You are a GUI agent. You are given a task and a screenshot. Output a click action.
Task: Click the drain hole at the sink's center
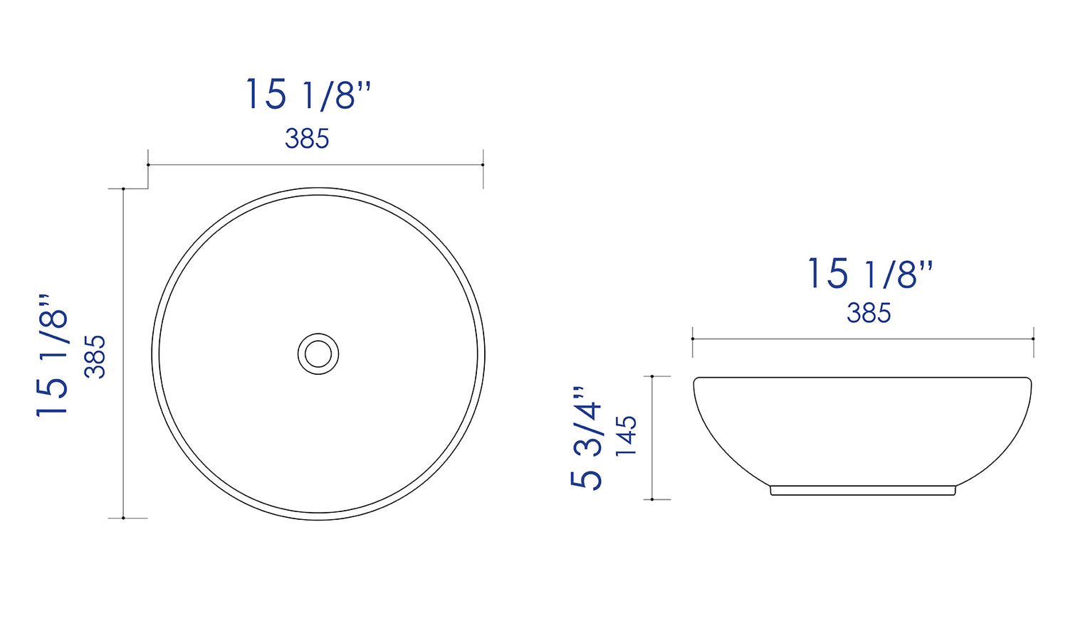pyautogui.click(x=318, y=353)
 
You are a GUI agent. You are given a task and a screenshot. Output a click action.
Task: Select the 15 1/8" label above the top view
pyautogui.click(x=308, y=95)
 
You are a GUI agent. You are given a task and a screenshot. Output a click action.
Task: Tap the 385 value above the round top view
pyautogui.click(x=307, y=139)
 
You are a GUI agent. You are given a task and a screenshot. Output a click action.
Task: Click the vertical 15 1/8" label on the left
pyautogui.click(x=53, y=354)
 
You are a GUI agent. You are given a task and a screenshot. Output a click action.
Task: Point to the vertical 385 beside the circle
pyautogui.click(x=95, y=356)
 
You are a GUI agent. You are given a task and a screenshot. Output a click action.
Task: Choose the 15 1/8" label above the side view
pyautogui.click(x=869, y=274)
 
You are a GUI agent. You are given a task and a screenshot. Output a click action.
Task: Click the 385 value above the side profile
pyautogui.click(x=869, y=313)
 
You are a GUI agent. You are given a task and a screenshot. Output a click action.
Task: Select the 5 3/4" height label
pyautogui.click(x=587, y=437)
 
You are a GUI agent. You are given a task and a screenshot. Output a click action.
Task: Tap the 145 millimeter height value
pyautogui.click(x=627, y=435)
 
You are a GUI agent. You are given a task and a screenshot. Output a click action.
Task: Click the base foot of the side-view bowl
pyautogui.click(x=863, y=491)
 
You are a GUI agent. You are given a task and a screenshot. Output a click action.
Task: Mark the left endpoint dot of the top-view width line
pyautogui.click(x=148, y=165)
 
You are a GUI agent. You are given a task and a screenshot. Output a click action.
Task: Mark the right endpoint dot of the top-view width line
pyautogui.click(x=483, y=165)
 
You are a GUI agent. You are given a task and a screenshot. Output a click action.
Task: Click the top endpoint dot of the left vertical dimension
pyautogui.click(x=124, y=189)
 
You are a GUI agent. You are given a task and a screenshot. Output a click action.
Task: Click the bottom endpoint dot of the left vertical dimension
pyautogui.click(x=124, y=518)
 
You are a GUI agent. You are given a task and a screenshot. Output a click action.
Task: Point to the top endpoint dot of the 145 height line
pyautogui.click(x=652, y=377)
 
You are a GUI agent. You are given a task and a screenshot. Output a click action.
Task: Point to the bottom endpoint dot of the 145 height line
pyautogui.click(x=652, y=499)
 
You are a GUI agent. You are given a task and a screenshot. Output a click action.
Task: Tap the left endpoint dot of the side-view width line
pyautogui.click(x=693, y=339)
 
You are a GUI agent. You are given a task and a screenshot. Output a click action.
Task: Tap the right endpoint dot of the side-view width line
pyautogui.click(x=1033, y=339)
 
